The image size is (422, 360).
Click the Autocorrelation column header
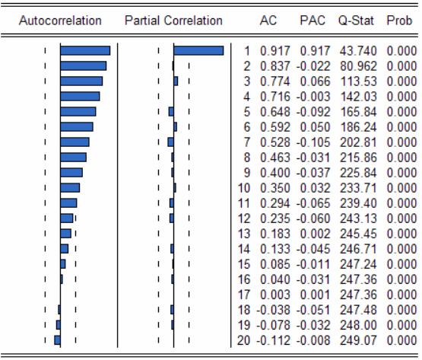click(x=60, y=21)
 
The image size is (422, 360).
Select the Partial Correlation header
click(x=173, y=21)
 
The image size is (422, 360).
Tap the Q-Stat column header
click(x=356, y=21)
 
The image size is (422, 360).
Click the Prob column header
click(x=399, y=21)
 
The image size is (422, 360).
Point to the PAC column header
click(x=313, y=21)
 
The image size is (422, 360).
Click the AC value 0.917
click(x=275, y=51)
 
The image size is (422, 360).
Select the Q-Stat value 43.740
click(x=358, y=51)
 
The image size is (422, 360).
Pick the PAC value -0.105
click(x=313, y=142)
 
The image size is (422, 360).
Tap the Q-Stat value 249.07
click(x=358, y=340)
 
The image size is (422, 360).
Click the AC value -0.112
click(x=273, y=340)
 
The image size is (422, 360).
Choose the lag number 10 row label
click(x=244, y=188)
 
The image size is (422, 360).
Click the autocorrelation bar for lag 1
click(x=85, y=51)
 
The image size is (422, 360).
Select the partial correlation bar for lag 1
click(x=198, y=51)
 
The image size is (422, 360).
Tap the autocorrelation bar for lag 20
click(x=57, y=340)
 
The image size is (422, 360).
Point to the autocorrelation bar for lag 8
click(x=74, y=158)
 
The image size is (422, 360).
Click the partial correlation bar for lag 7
click(x=170, y=142)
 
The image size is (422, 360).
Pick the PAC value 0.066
click(x=315, y=81)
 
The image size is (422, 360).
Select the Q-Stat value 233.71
click(x=358, y=188)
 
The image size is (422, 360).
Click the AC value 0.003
click(x=275, y=295)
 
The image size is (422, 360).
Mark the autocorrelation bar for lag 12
click(x=67, y=218)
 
